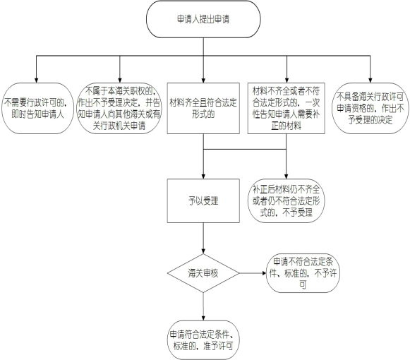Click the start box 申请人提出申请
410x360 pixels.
(x=203, y=19)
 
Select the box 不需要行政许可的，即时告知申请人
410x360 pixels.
(x=37, y=109)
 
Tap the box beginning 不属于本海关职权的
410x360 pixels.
(x=119, y=109)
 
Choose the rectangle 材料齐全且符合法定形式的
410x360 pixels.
(x=203, y=109)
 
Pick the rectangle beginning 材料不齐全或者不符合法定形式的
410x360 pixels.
(x=287, y=109)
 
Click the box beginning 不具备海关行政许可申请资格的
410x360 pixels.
(x=370, y=109)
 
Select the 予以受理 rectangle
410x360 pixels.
(x=203, y=201)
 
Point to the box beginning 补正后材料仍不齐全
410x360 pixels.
(x=286, y=201)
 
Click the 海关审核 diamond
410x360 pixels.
(x=203, y=273)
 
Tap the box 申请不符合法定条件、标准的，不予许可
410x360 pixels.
(x=303, y=273)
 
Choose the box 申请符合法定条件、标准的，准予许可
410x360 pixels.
(x=203, y=340)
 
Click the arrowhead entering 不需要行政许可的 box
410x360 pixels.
(x=37, y=80)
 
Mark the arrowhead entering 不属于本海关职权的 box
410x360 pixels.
(x=120, y=80)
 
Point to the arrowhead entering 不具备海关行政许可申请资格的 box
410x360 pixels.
(x=370, y=80)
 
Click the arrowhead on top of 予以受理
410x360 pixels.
(x=203, y=176)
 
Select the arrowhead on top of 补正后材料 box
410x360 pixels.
(x=286, y=176)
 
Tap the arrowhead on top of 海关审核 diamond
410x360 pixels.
(x=203, y=251)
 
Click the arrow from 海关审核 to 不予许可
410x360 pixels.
(x=253, y=273)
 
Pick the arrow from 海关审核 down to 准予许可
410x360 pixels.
(x=203, y=306)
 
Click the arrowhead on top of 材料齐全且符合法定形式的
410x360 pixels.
(x=203, y=80)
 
